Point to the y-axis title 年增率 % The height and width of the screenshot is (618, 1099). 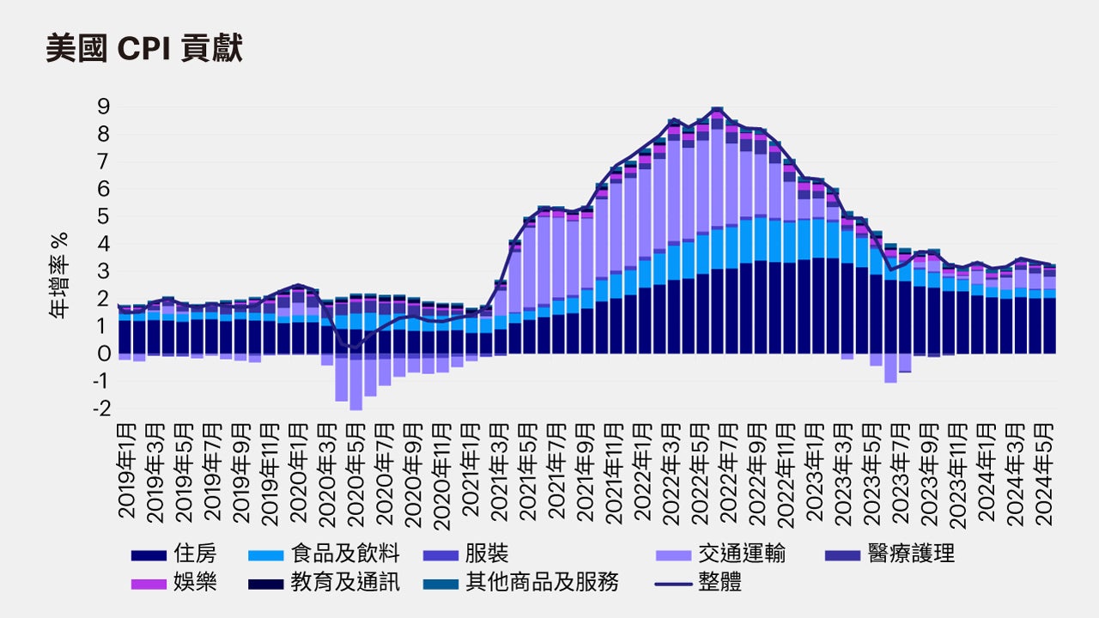tap(58, 276)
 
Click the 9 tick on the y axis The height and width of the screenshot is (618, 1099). tap(103, 106)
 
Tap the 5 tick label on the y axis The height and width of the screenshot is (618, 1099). tap(103, 216)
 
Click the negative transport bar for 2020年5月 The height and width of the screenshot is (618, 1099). tap(355, 382)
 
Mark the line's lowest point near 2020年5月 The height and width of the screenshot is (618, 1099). tap(355, 348)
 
